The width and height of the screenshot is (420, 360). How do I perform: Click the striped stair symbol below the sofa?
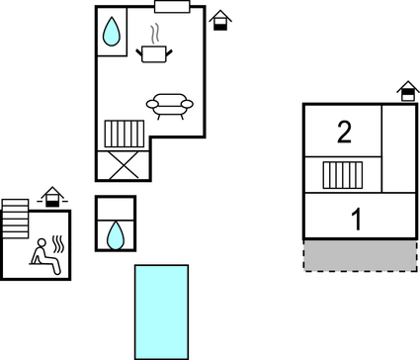125,135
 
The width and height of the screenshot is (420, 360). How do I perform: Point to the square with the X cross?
123,164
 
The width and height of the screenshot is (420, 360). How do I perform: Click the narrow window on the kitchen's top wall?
171,7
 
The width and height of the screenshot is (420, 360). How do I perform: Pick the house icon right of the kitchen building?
222,20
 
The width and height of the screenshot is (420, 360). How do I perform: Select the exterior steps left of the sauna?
16,215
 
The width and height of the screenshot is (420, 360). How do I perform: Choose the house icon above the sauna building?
52,198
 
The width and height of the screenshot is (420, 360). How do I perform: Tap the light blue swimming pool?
161,311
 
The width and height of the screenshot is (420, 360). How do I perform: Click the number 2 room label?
344,132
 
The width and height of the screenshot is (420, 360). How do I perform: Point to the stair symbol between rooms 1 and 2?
344,175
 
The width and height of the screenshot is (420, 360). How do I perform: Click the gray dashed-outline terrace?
359,254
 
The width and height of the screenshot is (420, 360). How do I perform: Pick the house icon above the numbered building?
406,92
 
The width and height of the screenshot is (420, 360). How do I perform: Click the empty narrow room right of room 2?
398,147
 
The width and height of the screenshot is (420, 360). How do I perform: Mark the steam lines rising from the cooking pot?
156,33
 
